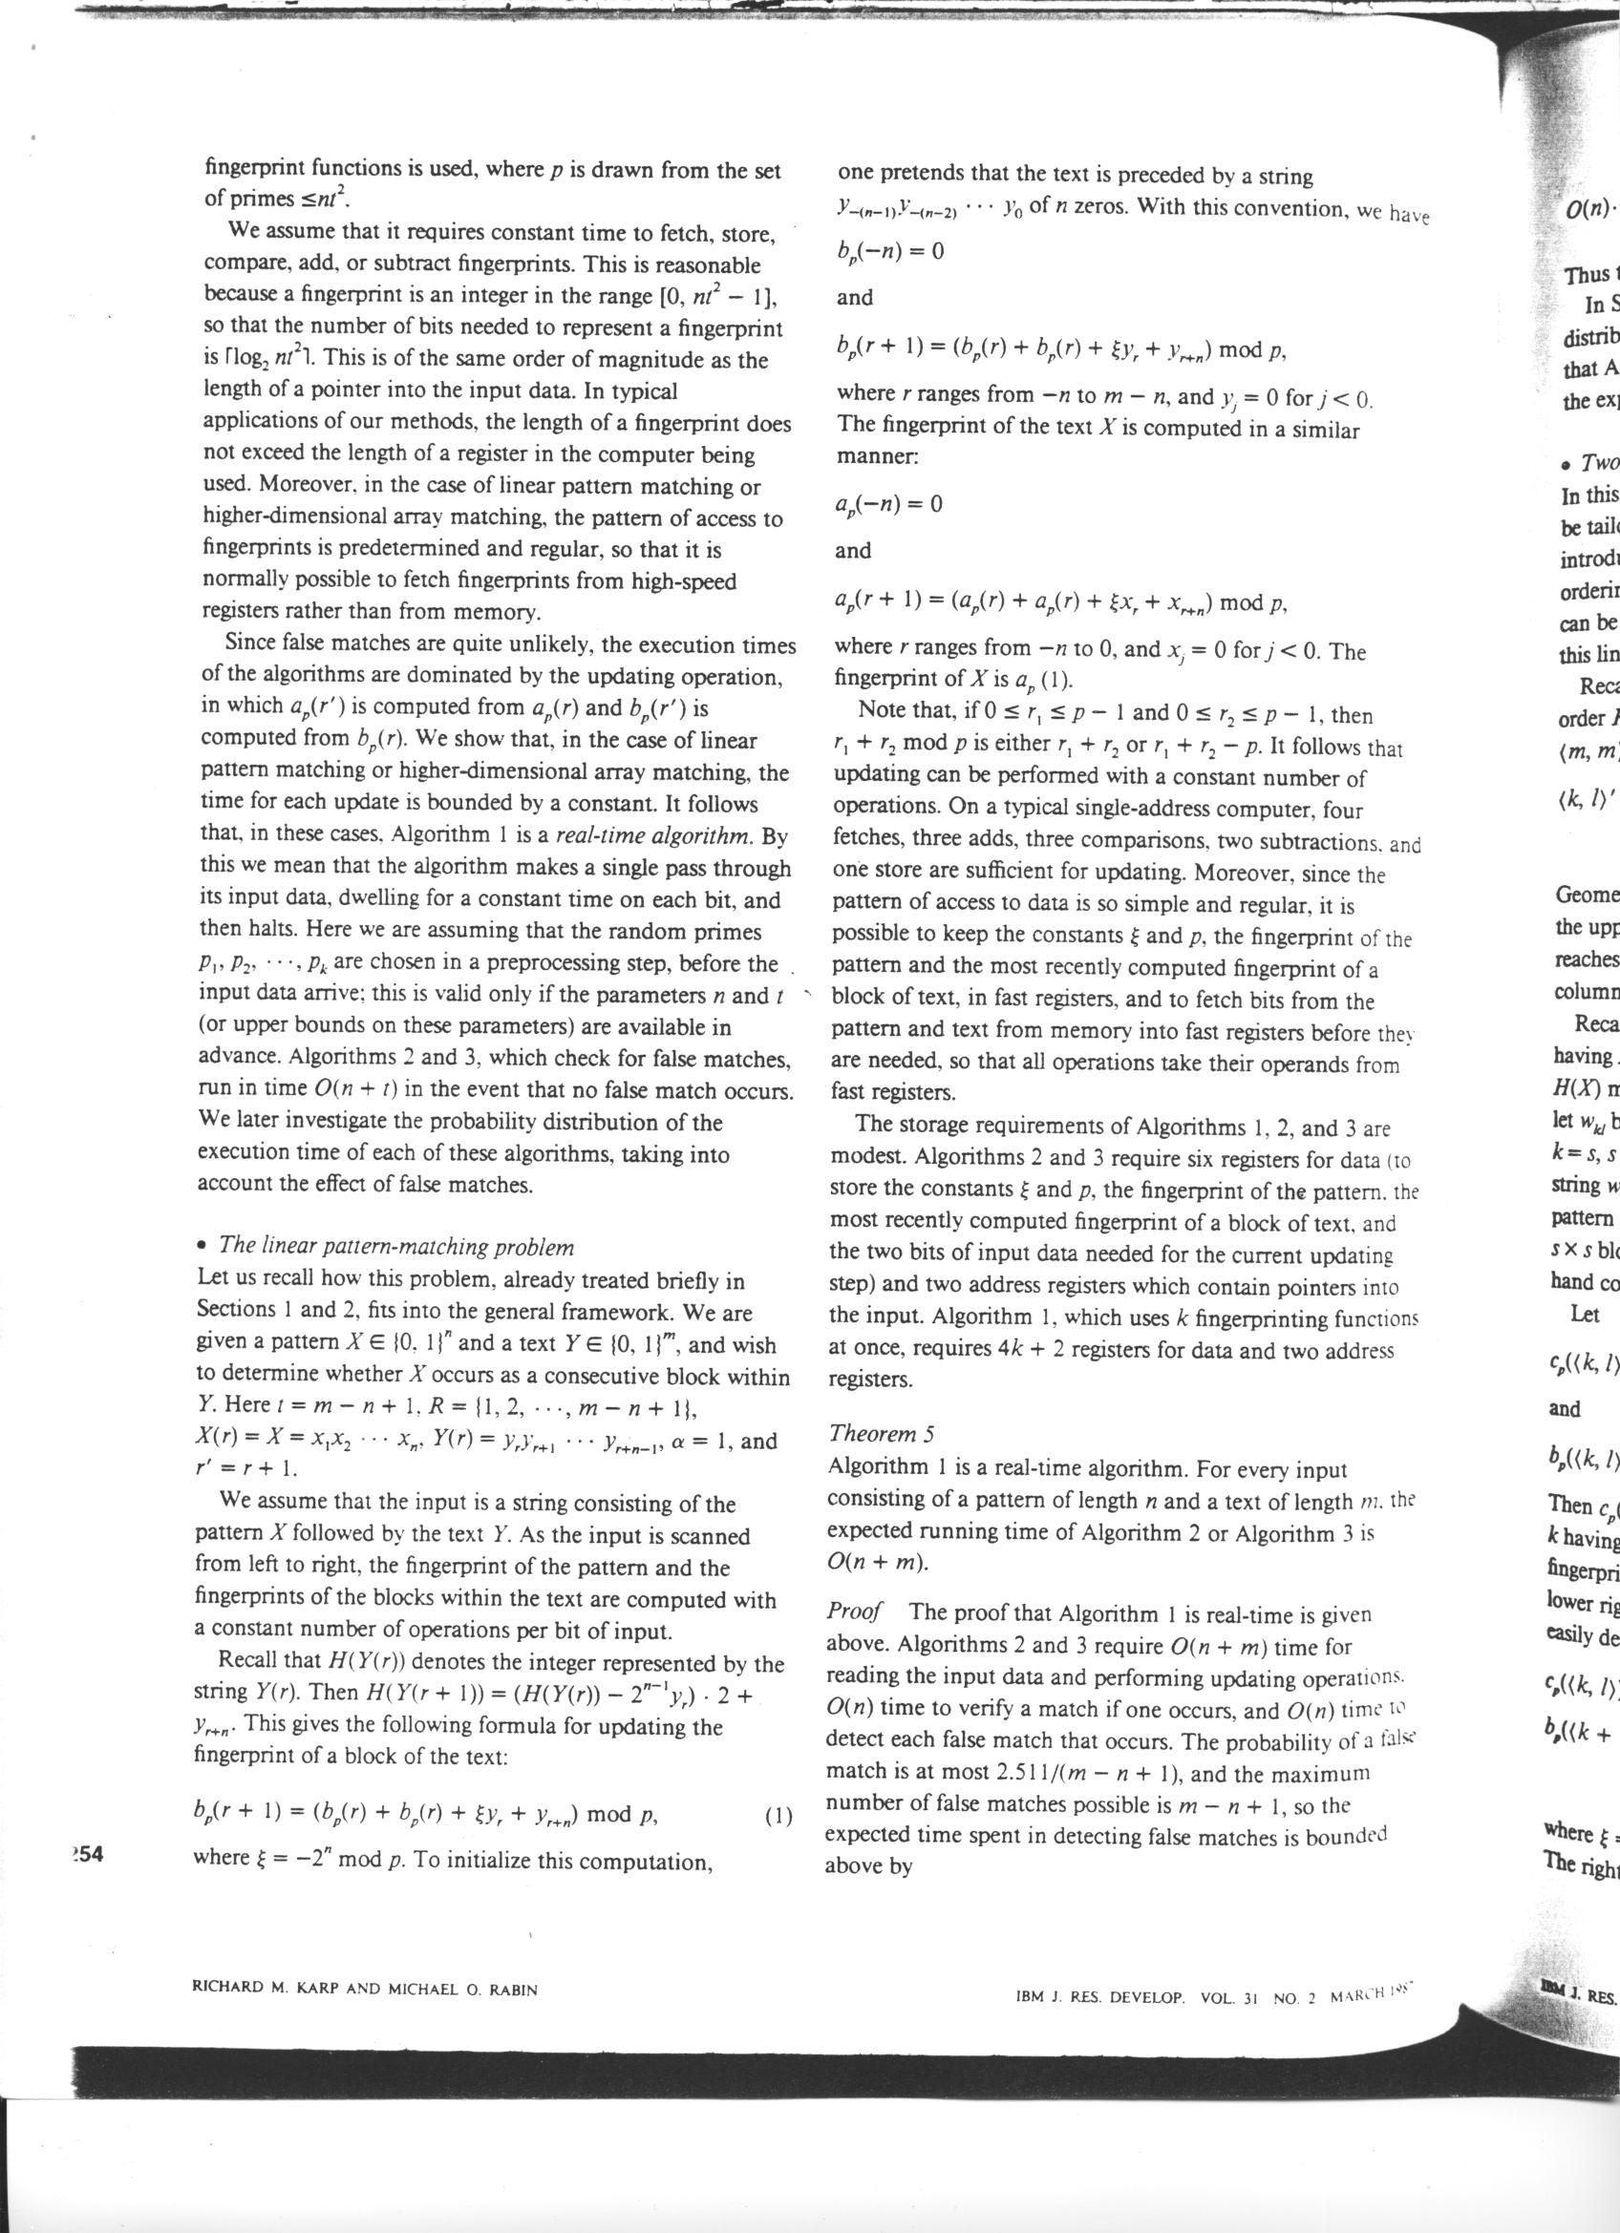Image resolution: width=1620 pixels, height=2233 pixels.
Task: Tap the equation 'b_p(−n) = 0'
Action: pos(889,251)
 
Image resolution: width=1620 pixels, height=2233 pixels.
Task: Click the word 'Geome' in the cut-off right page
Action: pos(1586,894)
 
